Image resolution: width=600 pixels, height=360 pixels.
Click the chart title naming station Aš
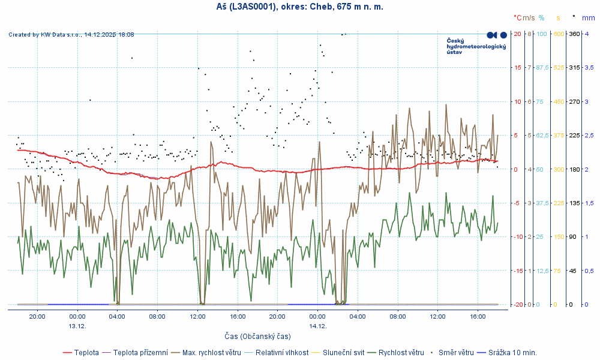point(299,7)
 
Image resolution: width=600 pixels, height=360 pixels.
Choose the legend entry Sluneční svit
point(343,352)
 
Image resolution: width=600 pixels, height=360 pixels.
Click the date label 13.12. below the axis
point(77,326)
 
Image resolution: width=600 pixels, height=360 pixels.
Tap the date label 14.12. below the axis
point(317,326)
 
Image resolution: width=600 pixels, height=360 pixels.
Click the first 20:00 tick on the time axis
point(37,316)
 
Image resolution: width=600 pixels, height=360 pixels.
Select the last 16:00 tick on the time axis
point(478,316)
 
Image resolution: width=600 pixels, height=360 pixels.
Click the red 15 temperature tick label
point(517,67)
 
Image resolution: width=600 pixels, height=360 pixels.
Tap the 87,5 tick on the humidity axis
point(542,67)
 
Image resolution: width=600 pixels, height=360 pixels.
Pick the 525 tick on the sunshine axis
point(559,67)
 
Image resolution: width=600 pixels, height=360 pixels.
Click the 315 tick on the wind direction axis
point(574,67)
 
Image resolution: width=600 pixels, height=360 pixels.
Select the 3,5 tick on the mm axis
point(589,67)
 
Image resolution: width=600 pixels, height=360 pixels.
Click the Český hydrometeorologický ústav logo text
point(476,46)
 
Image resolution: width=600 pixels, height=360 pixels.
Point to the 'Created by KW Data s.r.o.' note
point(71,35)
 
